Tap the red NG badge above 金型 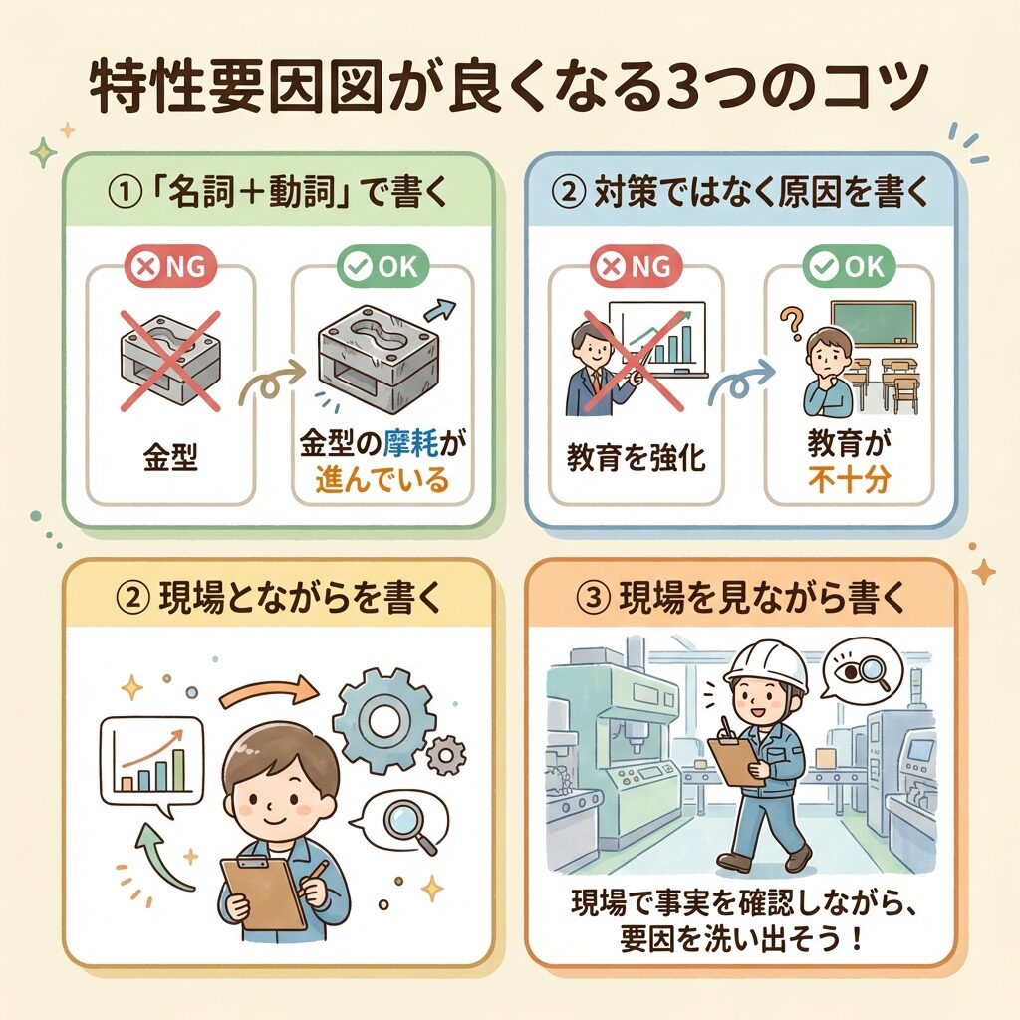[169, 266]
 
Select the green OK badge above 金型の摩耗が [382, 266]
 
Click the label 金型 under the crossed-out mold [170, 457]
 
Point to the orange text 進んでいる [382, 480]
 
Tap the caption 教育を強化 [636, 457]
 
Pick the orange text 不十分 [849, 480]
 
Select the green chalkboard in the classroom [874, 323]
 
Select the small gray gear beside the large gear [446, 755]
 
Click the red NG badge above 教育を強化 [636, 266]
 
